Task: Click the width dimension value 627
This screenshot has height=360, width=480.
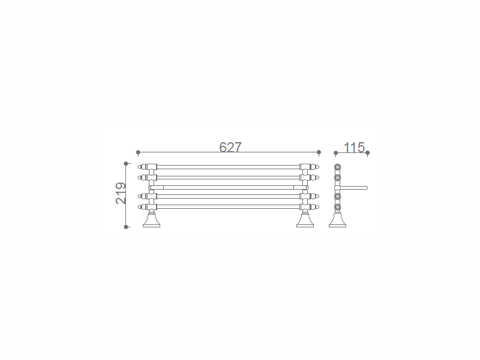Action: point(230,147)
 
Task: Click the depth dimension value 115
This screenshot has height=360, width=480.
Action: point(354,148)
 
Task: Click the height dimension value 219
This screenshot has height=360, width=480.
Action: point(121,193)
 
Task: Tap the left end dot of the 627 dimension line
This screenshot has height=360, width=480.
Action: point(138,152)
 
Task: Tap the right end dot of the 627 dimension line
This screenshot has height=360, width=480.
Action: point(319,152)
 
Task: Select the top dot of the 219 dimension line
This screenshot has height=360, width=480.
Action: point(126,164)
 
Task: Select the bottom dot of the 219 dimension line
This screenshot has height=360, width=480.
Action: point(126,227)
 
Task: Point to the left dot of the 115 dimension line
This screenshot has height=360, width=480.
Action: point(336,153)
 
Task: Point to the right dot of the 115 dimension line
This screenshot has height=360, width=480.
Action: point(368,153)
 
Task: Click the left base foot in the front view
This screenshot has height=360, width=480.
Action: point(152,220)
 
